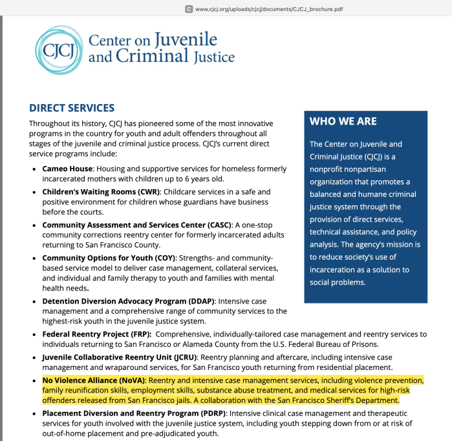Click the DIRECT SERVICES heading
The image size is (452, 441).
72,108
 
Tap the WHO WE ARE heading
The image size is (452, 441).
343,121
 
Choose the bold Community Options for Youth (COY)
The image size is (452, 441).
109,258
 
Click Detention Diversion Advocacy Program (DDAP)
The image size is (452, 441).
129,301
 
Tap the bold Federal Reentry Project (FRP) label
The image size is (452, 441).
96,334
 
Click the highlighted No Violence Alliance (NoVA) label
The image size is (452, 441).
94,380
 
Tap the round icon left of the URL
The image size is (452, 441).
188,9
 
